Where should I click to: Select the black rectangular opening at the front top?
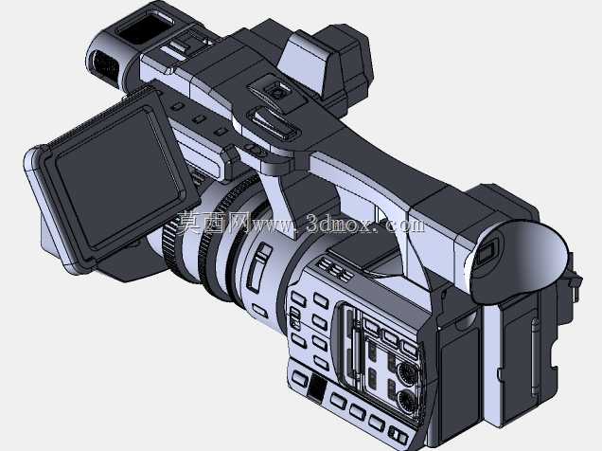point(145,27)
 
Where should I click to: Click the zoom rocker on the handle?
point(274,123)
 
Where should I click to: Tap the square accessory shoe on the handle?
point(274,91)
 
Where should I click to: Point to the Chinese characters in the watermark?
point(214,222)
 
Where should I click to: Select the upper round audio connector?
point(406,373)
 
